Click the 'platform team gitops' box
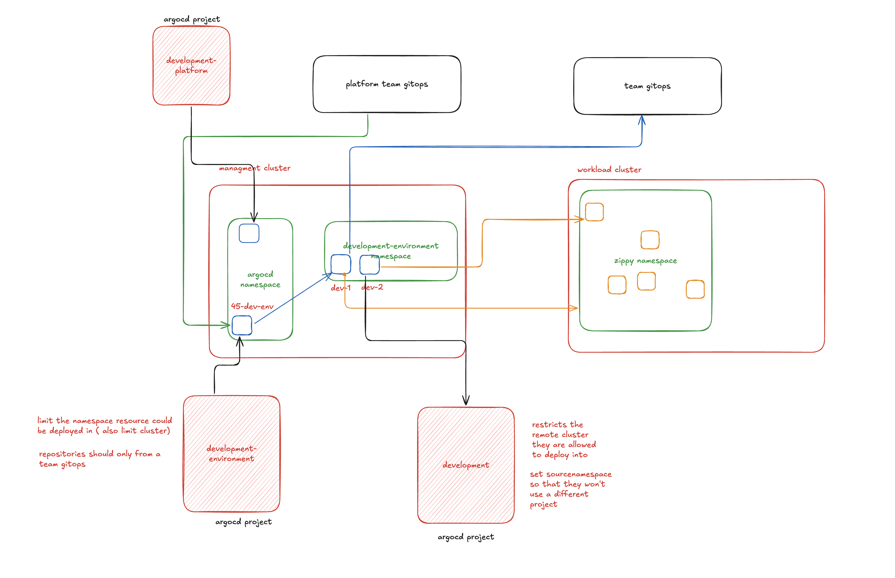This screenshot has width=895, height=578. coord(387,84)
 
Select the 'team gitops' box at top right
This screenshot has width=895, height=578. coord(647,86)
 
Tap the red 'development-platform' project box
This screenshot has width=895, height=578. coord(191,66)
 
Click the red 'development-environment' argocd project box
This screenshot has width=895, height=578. coord(231,453)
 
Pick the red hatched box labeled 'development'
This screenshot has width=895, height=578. coord(466,465)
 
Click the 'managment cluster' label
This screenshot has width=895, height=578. coord(254,168)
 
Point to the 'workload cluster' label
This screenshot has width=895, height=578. coord(609,170)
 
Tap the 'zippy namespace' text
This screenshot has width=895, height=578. coord(645,261)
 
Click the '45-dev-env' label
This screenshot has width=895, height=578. coord(252,306)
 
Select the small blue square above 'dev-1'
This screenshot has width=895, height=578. coord(341,264)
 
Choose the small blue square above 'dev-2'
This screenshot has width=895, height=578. coord(369,265)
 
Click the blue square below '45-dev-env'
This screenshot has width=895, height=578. coord(242,325)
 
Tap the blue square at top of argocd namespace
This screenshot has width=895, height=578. coord(249,233)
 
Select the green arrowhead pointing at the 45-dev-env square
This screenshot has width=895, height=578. coord(226,325)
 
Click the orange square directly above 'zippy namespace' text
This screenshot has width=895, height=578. coord(650,240)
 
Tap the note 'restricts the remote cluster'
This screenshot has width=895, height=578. coord(563,440)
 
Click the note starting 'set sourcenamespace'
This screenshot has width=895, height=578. coord(570,489)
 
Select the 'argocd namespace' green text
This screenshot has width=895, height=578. coord(260,280)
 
